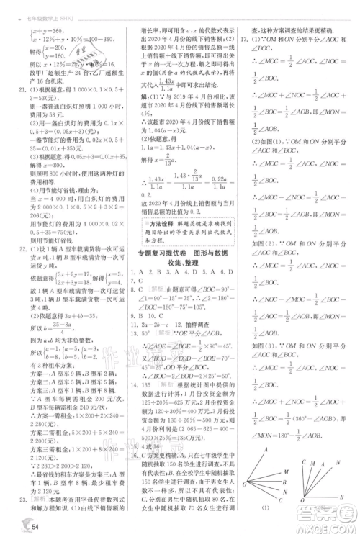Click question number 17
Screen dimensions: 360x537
246,39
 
